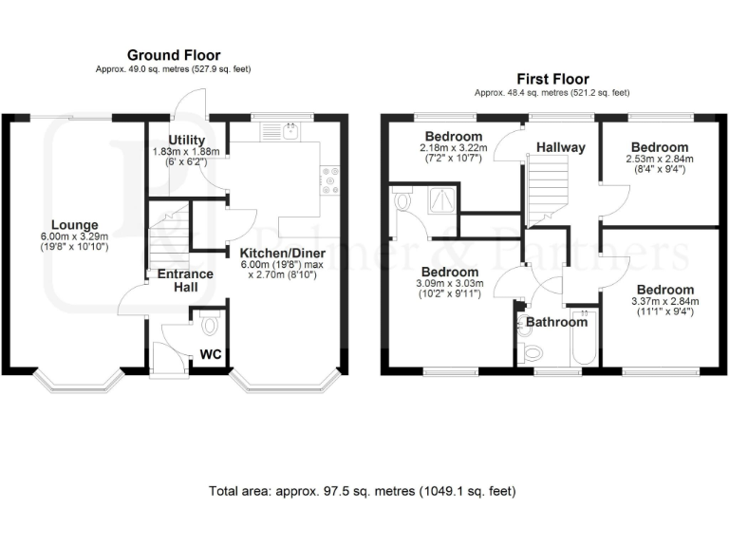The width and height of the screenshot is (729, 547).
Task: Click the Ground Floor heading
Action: coord(173,56)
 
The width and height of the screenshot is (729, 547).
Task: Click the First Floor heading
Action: coord(552,79)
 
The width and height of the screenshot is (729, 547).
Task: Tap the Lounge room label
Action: coord(74,225)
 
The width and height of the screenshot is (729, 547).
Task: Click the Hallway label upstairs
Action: coord(560,147)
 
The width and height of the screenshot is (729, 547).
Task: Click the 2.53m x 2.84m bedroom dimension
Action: coord(661,160)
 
